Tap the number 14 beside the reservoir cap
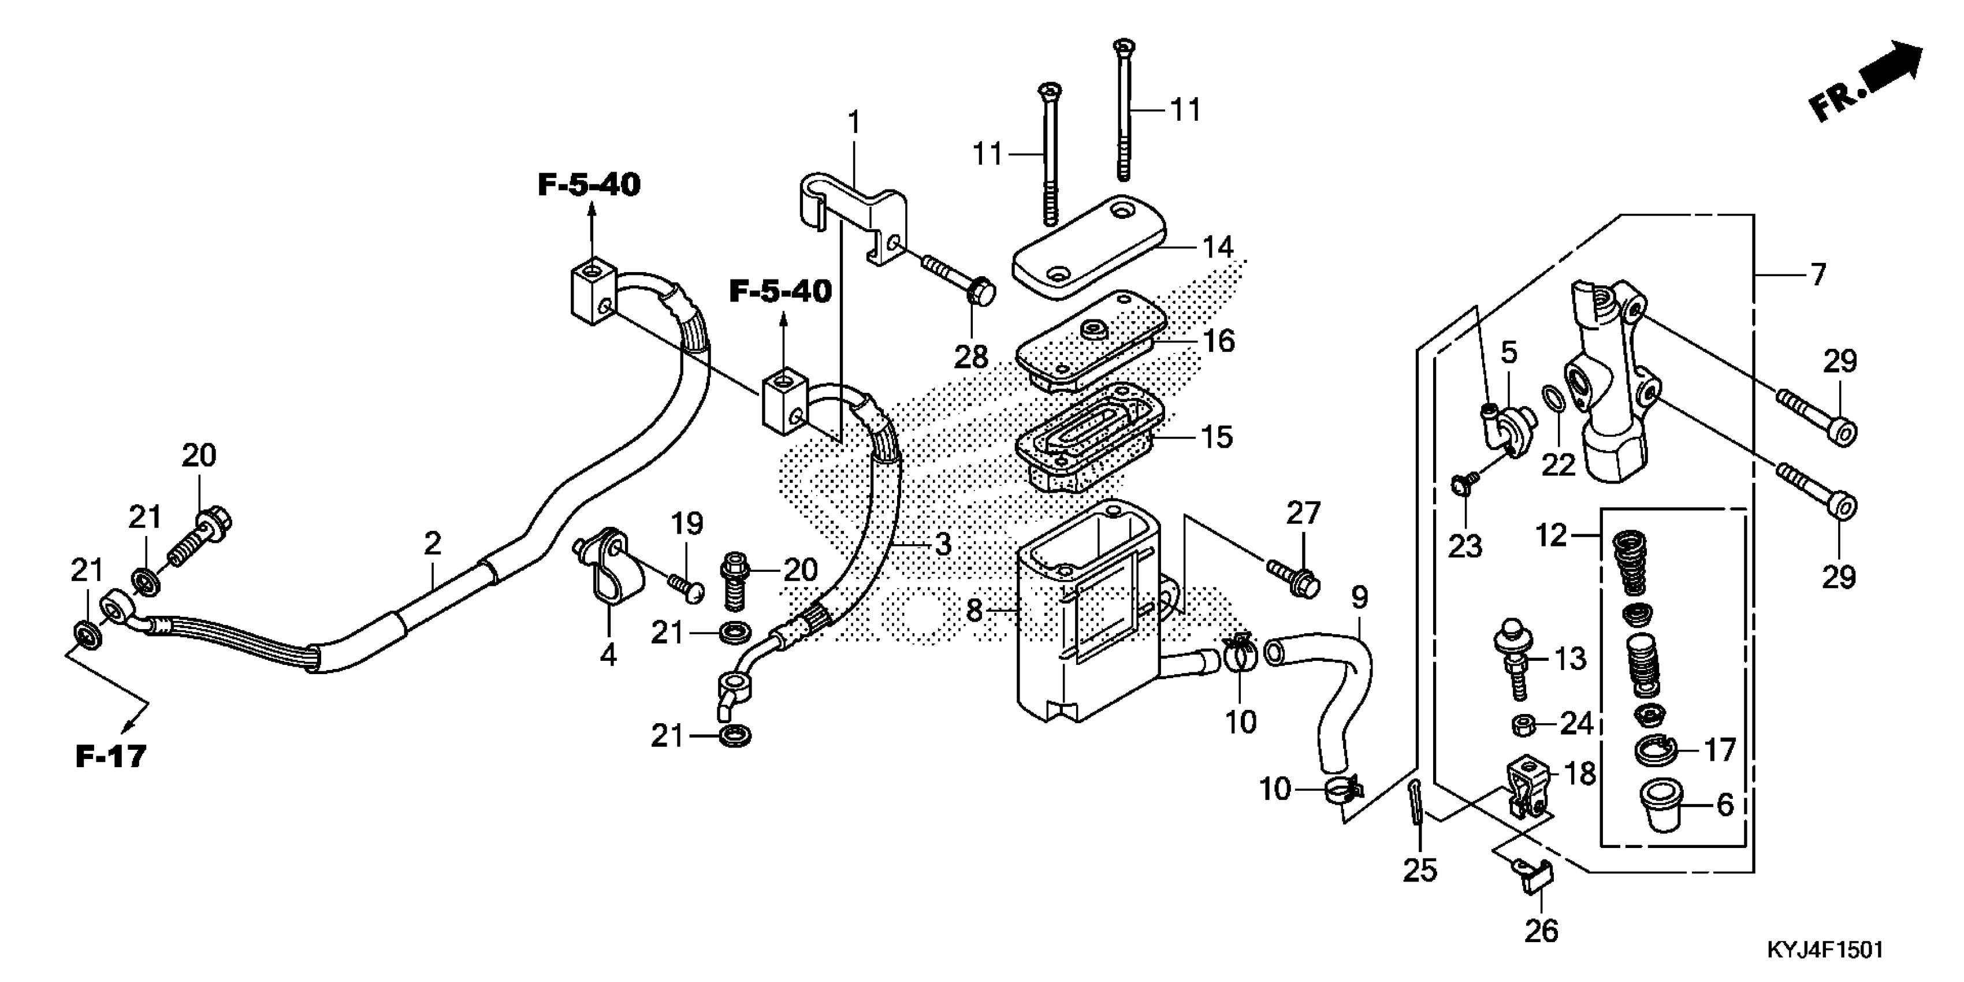coord(1218,247)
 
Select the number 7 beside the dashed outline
coord(1818,274)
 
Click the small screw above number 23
coord(1461,483)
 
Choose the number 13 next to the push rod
coord(1571,659)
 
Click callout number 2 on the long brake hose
coord(432,544)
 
